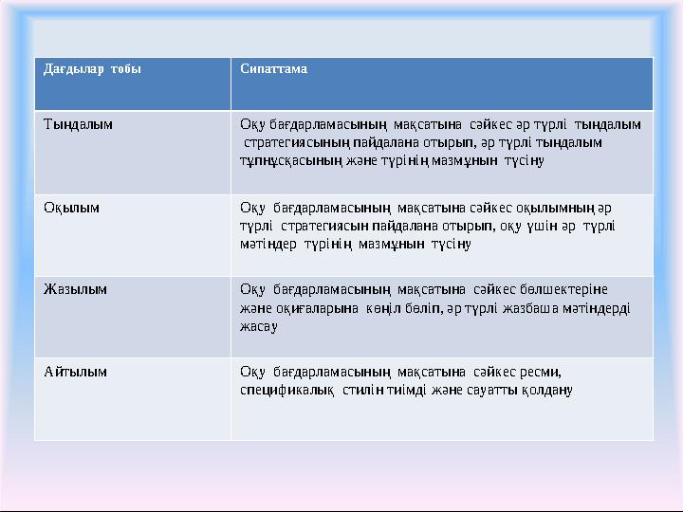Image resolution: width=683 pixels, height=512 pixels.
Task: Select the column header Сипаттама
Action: pyautogui.click(x=273, y=70)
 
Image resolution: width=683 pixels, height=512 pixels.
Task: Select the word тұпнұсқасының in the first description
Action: pyautogui.click(x=292, y=160)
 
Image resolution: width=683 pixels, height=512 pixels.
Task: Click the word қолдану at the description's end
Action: pyautogui.click(x=546, y=389)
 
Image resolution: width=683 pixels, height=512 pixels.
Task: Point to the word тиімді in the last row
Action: pyautogui.click(x=404, y=389)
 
